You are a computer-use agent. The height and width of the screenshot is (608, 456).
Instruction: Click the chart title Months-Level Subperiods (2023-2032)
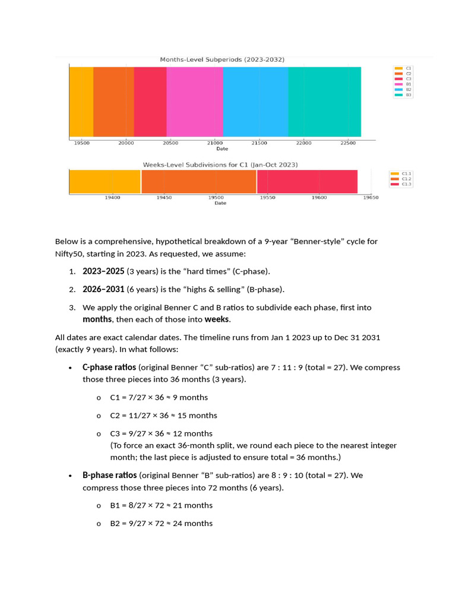pyautogui.click(x=222, y=59)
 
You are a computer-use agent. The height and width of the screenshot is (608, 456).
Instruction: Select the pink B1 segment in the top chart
pyautogui.click(x=194, y=102)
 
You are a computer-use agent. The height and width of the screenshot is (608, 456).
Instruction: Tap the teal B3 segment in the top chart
pyautogui.click(x=324, y=102)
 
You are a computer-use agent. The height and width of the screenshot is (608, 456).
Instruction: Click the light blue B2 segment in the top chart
pyautogui.click(x=255, y=102)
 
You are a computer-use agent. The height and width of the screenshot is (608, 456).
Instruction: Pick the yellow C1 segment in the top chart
pyautogui.click(x=81, y=102)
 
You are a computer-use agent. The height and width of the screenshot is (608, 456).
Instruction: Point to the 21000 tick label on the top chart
pyautogui.click(x=214, y=143)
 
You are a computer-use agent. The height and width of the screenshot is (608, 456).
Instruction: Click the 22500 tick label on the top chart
pyautogui.click(x=348, y=143)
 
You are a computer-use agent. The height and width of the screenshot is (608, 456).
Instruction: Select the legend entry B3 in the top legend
pyautogui.click(x=408, y=95)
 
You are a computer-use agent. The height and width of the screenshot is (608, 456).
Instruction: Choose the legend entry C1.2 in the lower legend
pyautogui.click(x=406, y=179)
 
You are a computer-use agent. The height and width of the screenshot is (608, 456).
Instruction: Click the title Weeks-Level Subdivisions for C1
pyautogui.click(x=220, y=164)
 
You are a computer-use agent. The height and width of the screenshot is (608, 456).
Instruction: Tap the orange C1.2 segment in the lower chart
pyautogui.click(x=198, y=181)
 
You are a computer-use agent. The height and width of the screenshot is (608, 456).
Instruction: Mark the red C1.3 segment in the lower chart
pyautogui.click(x=307, y=181)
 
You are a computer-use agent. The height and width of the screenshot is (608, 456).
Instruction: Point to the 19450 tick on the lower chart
pyautogui.click(x=164, y=197)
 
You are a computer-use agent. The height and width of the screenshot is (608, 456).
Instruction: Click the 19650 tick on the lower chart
pyautogui.click(x=370, y=197)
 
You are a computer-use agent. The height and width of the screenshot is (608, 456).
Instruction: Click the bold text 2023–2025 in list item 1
pyautogui.click(x=103, y=271)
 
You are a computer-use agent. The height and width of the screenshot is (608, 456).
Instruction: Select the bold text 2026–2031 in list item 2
pyautogui.click(x=103, y=290)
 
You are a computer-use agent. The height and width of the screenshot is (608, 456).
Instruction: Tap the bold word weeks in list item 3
pyautogui.click(x=217, y=319)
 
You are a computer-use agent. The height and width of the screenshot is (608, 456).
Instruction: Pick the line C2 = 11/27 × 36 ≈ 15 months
pyautogui.click(x=163, y=416)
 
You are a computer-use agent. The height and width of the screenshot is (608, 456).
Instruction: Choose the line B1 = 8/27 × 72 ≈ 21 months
pyautogui.click(x=161, y=505)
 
